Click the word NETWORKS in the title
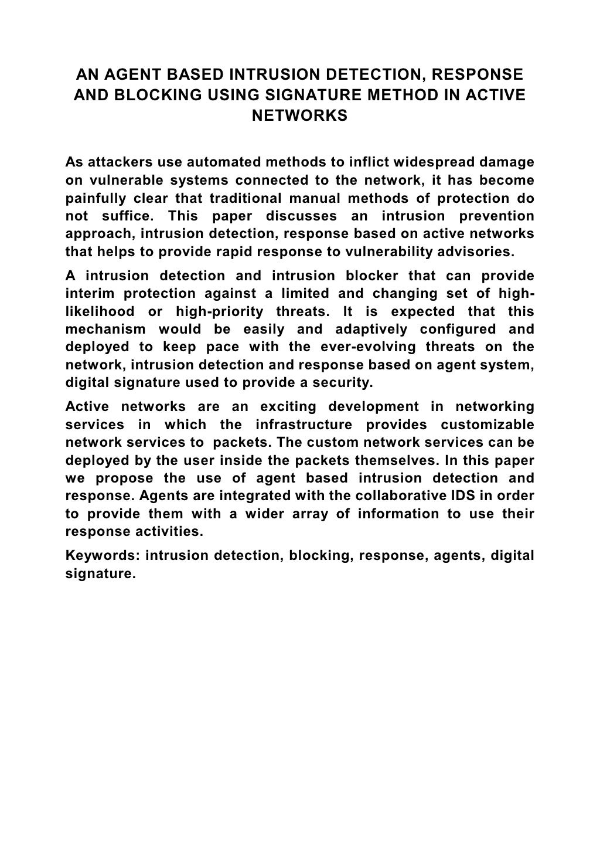coord(299,116)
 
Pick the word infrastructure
coord(304,424)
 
